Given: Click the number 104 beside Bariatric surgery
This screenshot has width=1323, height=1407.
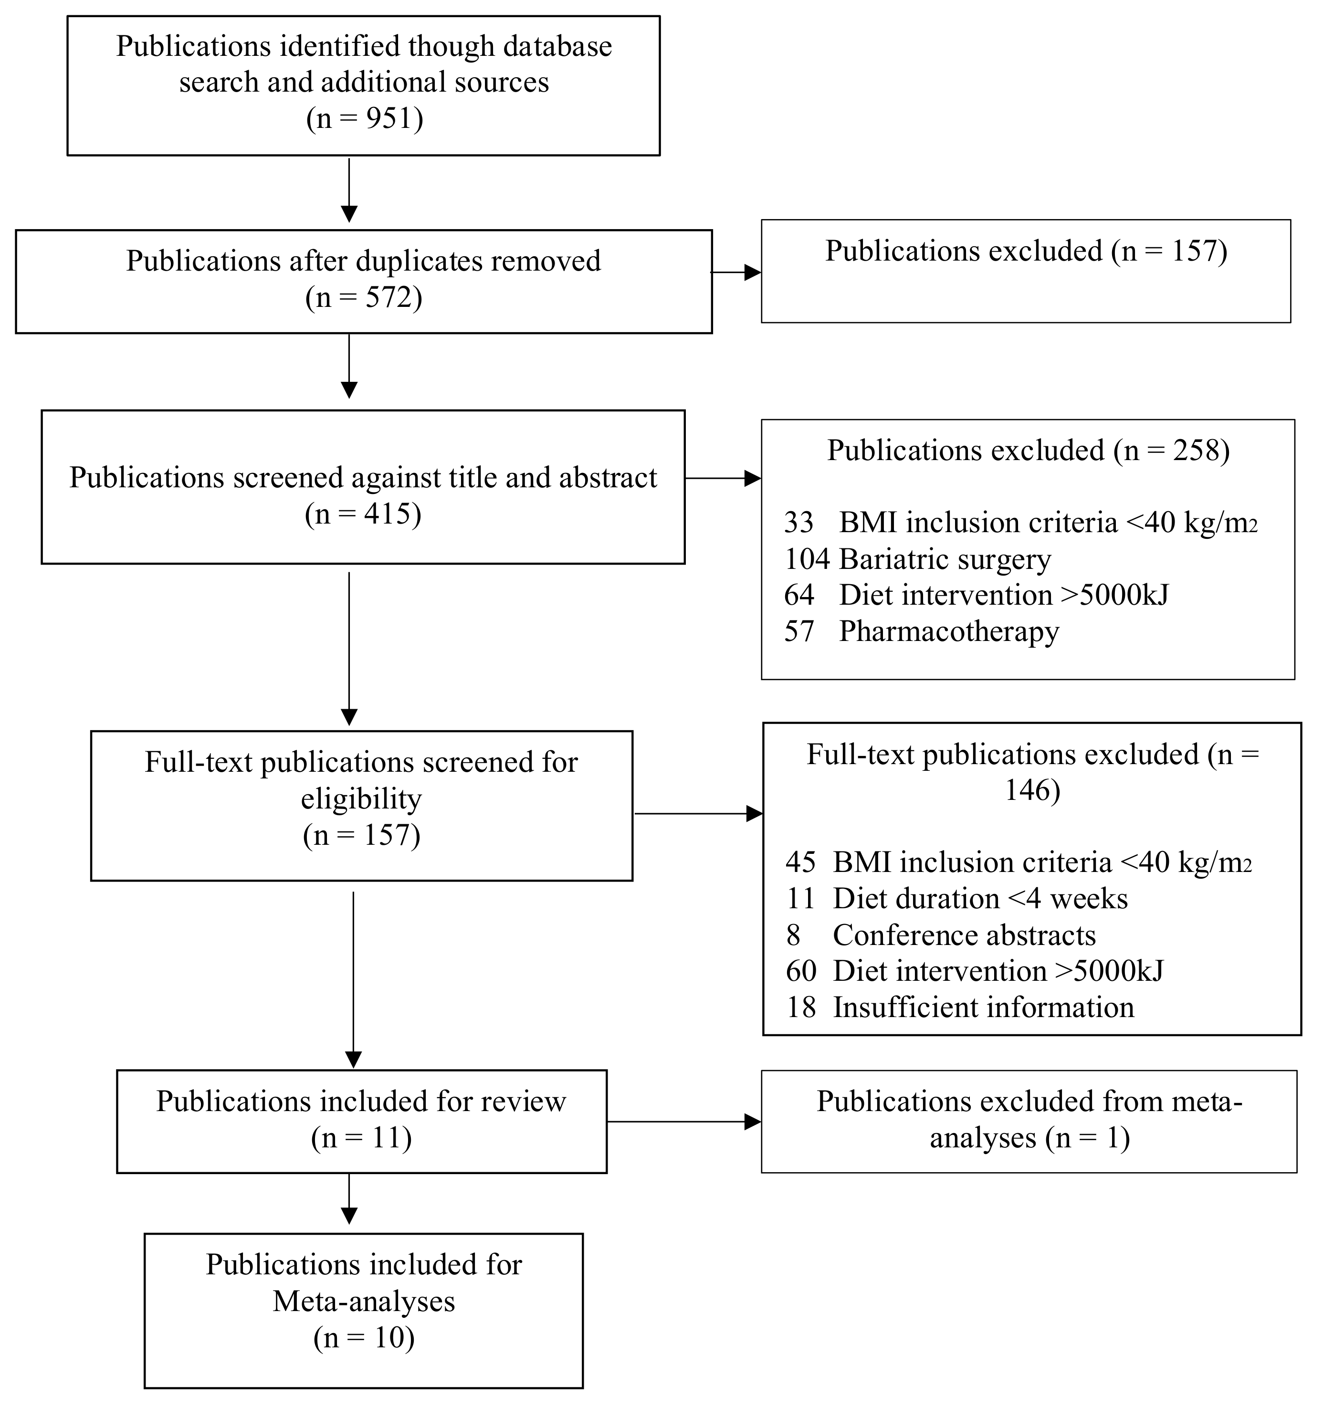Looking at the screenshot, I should pos(806,559).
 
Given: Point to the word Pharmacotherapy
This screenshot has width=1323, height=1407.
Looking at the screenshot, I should pos(948,631).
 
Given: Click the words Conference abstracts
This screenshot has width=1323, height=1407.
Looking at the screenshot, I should pos(964,935).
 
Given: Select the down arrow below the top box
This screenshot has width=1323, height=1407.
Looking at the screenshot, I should pos(349,189).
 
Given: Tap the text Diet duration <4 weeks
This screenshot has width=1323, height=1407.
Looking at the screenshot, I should pos(980,899).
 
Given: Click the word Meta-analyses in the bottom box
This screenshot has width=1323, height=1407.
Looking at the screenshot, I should pos(364,1301).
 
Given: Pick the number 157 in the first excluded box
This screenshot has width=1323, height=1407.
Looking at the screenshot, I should pos(1194,251).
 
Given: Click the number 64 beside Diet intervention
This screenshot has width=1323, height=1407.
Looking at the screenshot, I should pos(799,595).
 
